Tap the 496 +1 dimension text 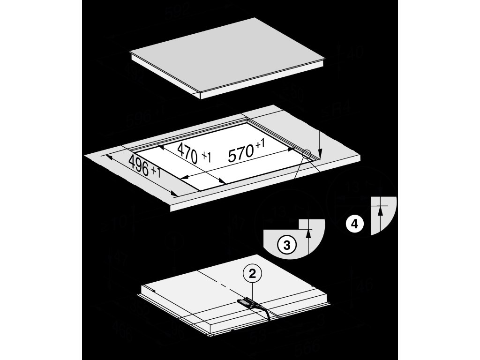(x=144, y=166)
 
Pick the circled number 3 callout (x=287, y=244)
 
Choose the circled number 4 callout (x=354, y=224)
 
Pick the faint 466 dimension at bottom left (x=123, y=334)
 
